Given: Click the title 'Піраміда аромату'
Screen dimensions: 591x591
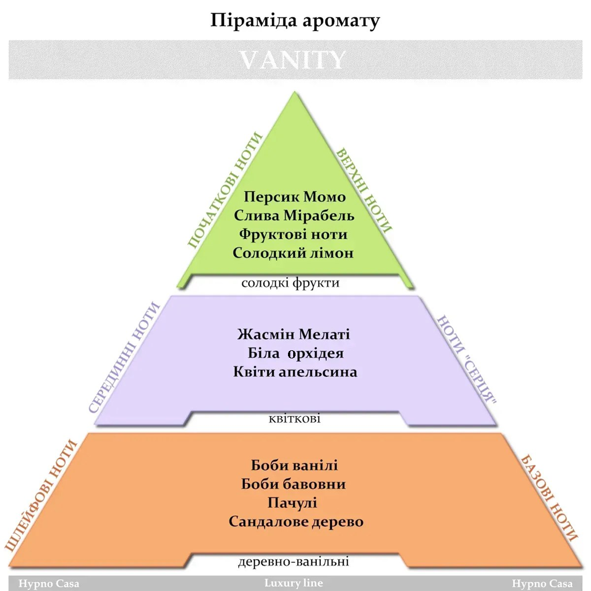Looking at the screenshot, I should pyautogui.click(x=295, y=21).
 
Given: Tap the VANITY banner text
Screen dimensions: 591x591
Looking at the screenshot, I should pyautogui.click(x=293, y=60).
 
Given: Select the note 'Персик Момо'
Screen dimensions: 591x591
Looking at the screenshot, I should pyautogui.click(x=294, y=197).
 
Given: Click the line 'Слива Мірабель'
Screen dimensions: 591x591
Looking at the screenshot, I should pyautogui.click(x=294, y=215).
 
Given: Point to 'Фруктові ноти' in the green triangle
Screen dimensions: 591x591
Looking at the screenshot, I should pyautogui.click(x=294, y=234).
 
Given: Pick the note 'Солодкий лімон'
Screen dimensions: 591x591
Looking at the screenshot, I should pyautogui.click(x=293, y=253).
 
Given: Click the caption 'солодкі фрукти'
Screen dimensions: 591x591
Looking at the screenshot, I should pyautogui.click(x=290, y=283).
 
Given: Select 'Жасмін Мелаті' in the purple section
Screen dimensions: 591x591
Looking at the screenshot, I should pyautogui.click(x=294, y=334).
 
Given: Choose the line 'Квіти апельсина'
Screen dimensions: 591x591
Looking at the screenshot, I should pyautogui.click(x=295, y=371).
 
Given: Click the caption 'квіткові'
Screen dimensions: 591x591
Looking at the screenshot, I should pyautogui.click(x=294, y=418).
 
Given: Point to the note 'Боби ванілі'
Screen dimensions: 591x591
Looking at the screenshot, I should pyautogui.click(x=294, y=465).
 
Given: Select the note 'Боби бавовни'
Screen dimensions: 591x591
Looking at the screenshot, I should pyautogui.click(x=294, y=484).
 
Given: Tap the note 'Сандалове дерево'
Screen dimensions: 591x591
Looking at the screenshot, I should pyautogui.click(x=296, y=522).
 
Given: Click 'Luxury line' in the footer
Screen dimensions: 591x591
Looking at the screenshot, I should pyautogui.click(x=294, y=583).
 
